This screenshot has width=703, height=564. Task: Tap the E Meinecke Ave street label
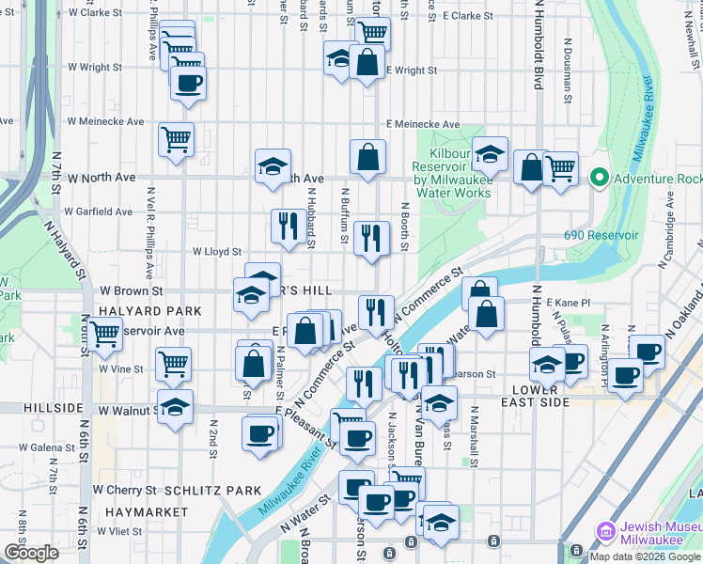(x=424, y=124)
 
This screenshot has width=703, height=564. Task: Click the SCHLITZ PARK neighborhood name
(x=212, y=491)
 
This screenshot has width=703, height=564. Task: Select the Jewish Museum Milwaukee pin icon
(x=603, y=534)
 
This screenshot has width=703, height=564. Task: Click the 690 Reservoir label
(x=601, y=235)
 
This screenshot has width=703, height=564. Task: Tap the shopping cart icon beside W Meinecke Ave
(x=176, y=139)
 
